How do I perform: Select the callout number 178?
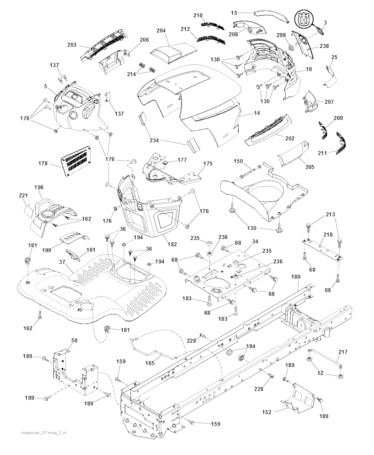coord(43,164)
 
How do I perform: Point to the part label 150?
coord(238,161)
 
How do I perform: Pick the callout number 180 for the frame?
coord(295,276)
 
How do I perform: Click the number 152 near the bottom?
coord(267,412)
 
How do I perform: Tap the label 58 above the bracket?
coord(74,340)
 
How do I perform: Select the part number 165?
coord(150,363)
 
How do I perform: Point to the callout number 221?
coord(23,196)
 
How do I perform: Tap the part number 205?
coord(310,167)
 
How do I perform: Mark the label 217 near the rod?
coord(343,352)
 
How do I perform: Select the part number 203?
coord(72,45)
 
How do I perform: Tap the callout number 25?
coord(334,57)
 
